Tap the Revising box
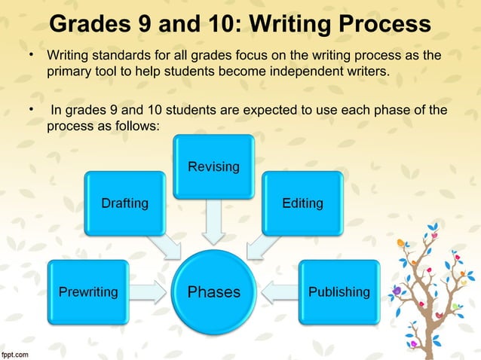pos(213,166)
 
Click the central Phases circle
pos(213,291)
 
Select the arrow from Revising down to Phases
pos(213,221)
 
